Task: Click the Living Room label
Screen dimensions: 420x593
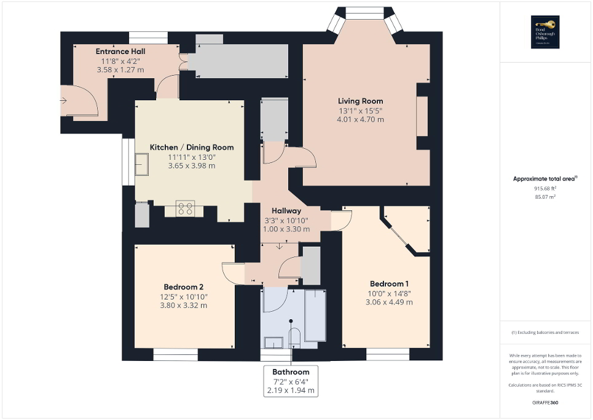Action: click(x=360, y=101)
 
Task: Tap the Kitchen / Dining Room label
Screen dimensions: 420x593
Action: click(x=192, y=148)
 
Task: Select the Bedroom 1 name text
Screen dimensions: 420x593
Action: click(x=389, y=283)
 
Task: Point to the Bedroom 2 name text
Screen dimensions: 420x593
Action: click(x=183, y=287)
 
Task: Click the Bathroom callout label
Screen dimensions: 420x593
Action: click(x=291, y=372)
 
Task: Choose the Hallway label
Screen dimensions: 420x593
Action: click(x=286, y=211)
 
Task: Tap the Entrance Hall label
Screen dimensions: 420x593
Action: click(x=120, y=52)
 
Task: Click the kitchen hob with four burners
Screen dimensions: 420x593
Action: click(x=186, y=208)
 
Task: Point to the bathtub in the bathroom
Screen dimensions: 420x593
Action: click(x=315, y=314)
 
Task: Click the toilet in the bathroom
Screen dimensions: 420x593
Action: click(x=294, y=338)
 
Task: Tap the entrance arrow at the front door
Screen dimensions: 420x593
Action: click(x=63, y=99)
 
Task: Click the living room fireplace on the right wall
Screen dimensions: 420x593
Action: click(x=422, y=116)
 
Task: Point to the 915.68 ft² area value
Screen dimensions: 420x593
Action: click(x=545, y=189)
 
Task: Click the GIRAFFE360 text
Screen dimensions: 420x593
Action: click(x=546, y=403)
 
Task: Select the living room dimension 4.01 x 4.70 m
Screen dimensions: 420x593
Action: click(x=360, y=119)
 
